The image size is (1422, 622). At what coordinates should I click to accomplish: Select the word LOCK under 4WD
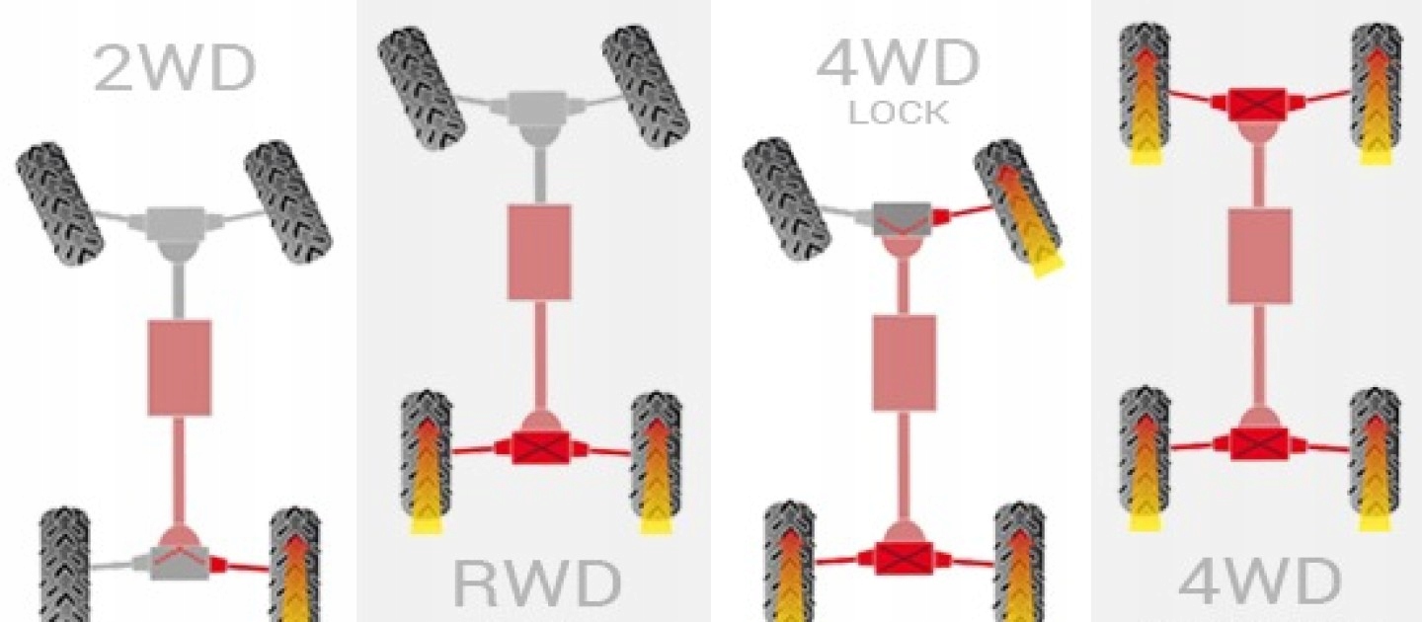tap(899, 113)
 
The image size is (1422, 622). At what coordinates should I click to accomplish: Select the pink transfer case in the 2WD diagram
tap(180, 366)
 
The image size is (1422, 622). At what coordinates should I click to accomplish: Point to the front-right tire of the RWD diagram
tap(646, 83)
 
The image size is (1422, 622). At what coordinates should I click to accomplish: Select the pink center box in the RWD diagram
tap(539, 252)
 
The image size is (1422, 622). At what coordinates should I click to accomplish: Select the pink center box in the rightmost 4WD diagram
tap(1259, 256)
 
